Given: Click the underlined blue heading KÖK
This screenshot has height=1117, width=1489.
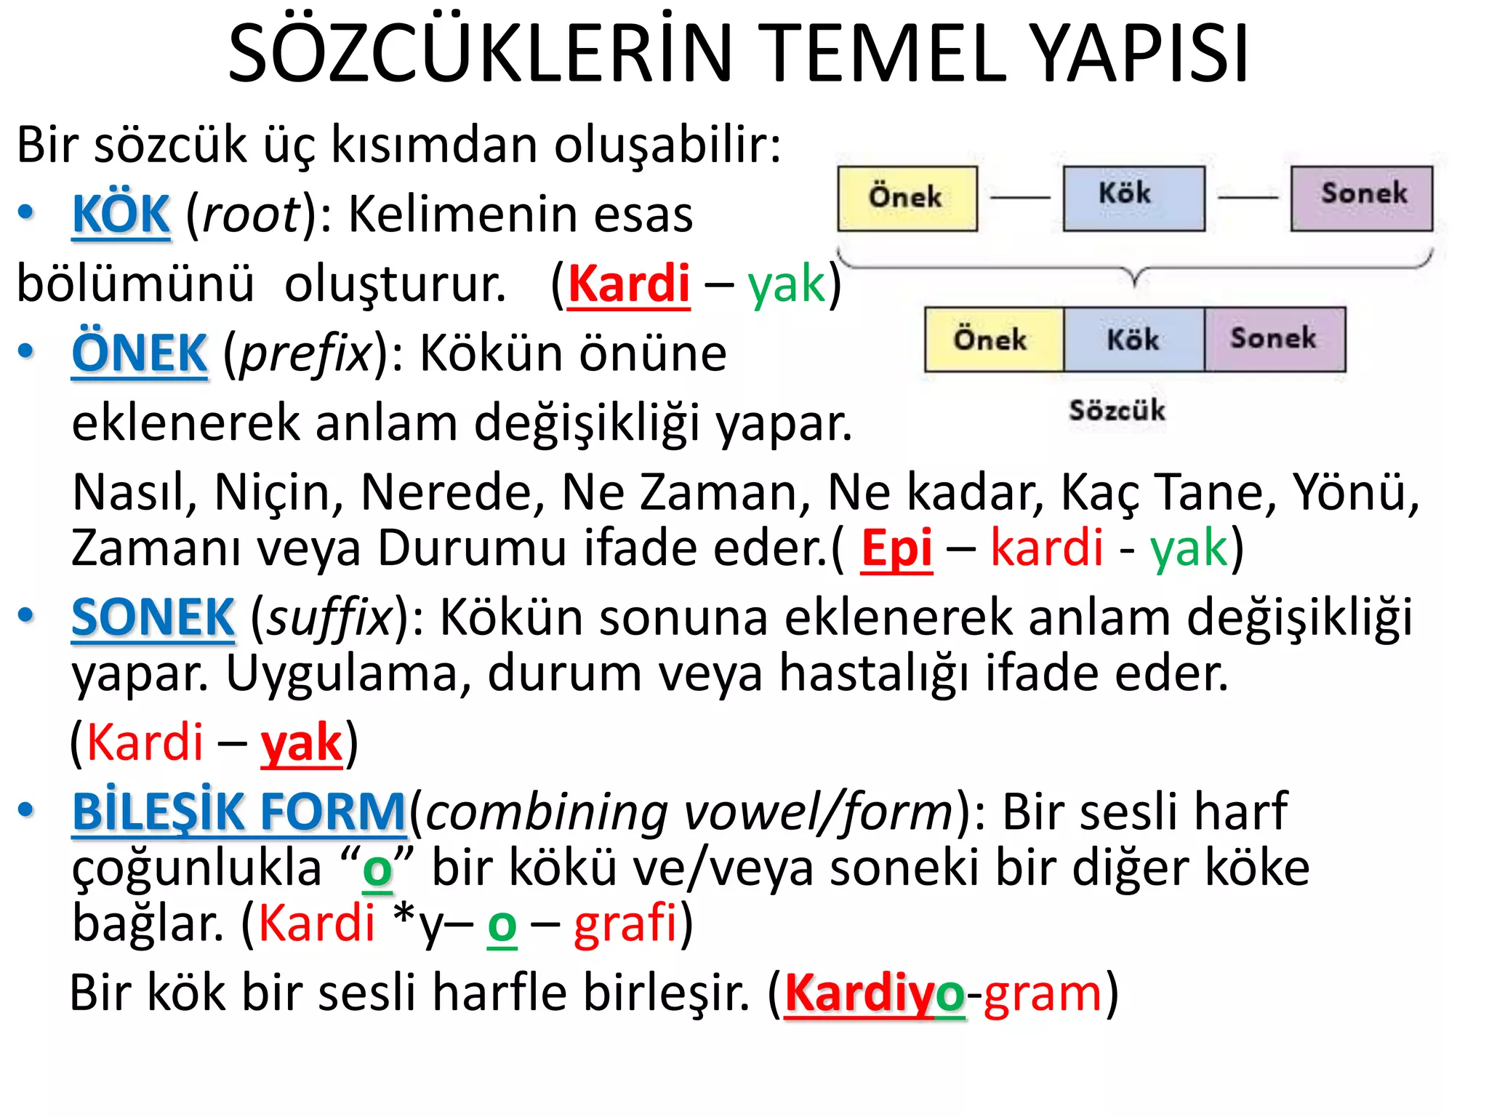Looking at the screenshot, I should pyautogui.click(x=121, y=215).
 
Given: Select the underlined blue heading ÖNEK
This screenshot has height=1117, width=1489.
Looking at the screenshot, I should pyautogui.click(x=140, y=353).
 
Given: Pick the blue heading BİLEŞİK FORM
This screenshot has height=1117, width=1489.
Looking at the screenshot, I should pyautogui.click(x=238, y=812).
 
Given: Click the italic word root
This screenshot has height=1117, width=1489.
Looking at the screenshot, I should pyautogui.click(x=251, y=215).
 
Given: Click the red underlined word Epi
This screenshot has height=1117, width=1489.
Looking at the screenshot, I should pyautogui.click(x=896, y=548).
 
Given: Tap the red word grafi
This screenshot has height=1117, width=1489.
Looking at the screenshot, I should pyautogui.click(x=625, y=924).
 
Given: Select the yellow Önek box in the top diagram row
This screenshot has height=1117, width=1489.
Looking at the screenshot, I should pyautogui.click(x=907, y=199).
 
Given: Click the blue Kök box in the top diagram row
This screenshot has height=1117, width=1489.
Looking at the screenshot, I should pyautogui.click(x=1133, y=199).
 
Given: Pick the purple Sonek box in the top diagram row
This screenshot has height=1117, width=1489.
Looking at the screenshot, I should pyautogui.click(x=1361, y=199).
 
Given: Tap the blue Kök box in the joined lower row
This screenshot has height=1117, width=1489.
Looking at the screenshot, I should pyautogui.click(x=1133, y=340).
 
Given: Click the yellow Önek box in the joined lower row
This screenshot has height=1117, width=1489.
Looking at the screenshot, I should pyautogui.click(x=993, y=340).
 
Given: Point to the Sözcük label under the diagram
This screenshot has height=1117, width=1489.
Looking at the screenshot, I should pyautogui.click(x=1117, y=410).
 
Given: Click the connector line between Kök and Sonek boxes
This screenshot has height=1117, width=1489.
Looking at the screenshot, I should pyautogui.click(x=1248, y=197).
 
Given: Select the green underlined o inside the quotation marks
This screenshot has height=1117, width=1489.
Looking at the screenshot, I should pyautogui.click(x=377, y=868).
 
